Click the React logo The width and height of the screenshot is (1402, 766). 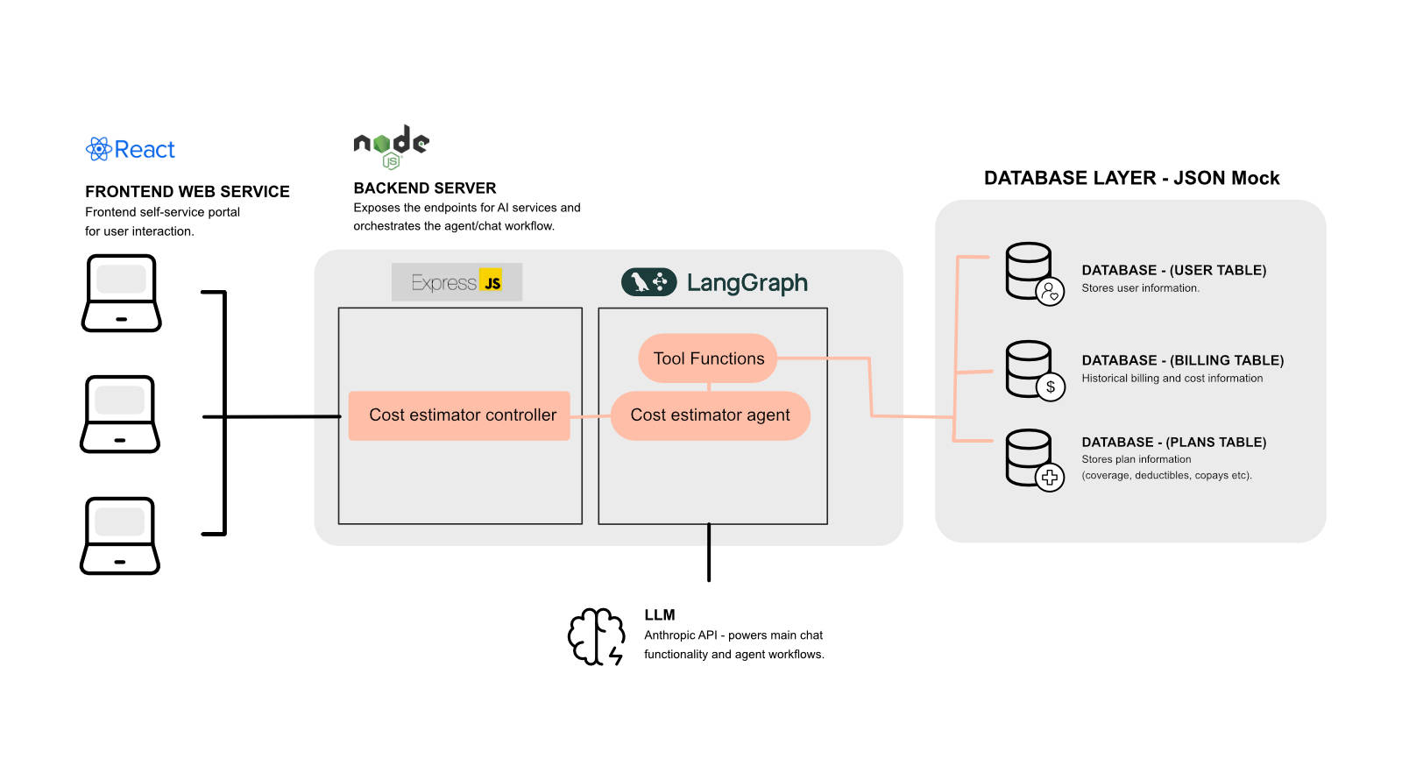coord(131,149)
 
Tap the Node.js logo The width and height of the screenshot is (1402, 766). coord(391,146)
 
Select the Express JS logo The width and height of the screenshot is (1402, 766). coord(457,282)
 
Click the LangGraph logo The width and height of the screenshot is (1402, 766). coord(714,282)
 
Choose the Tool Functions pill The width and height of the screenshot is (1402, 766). coord(708,358)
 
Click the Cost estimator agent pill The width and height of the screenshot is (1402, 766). coord(710,415)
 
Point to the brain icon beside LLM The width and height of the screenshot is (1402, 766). coord(597,636)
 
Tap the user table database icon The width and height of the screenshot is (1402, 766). coord(1033,273)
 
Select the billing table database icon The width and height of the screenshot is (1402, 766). coord(1033,370)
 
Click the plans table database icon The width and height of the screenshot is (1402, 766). coord(1033,459)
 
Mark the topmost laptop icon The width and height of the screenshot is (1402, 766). coord(122,293)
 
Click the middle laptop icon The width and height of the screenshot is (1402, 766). coord(120,414)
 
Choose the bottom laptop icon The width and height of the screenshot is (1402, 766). coord(120,535)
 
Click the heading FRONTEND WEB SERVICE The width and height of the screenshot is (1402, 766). coord(187,192)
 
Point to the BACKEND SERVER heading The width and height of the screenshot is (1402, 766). coord(425,188)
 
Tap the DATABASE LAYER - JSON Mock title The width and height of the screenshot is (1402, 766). coord(1131,179)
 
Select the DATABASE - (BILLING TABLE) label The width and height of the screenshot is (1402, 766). coord(1182,360)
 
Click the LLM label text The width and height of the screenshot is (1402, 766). coord(660,615)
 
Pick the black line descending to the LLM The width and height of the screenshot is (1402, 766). coord(709,553)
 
